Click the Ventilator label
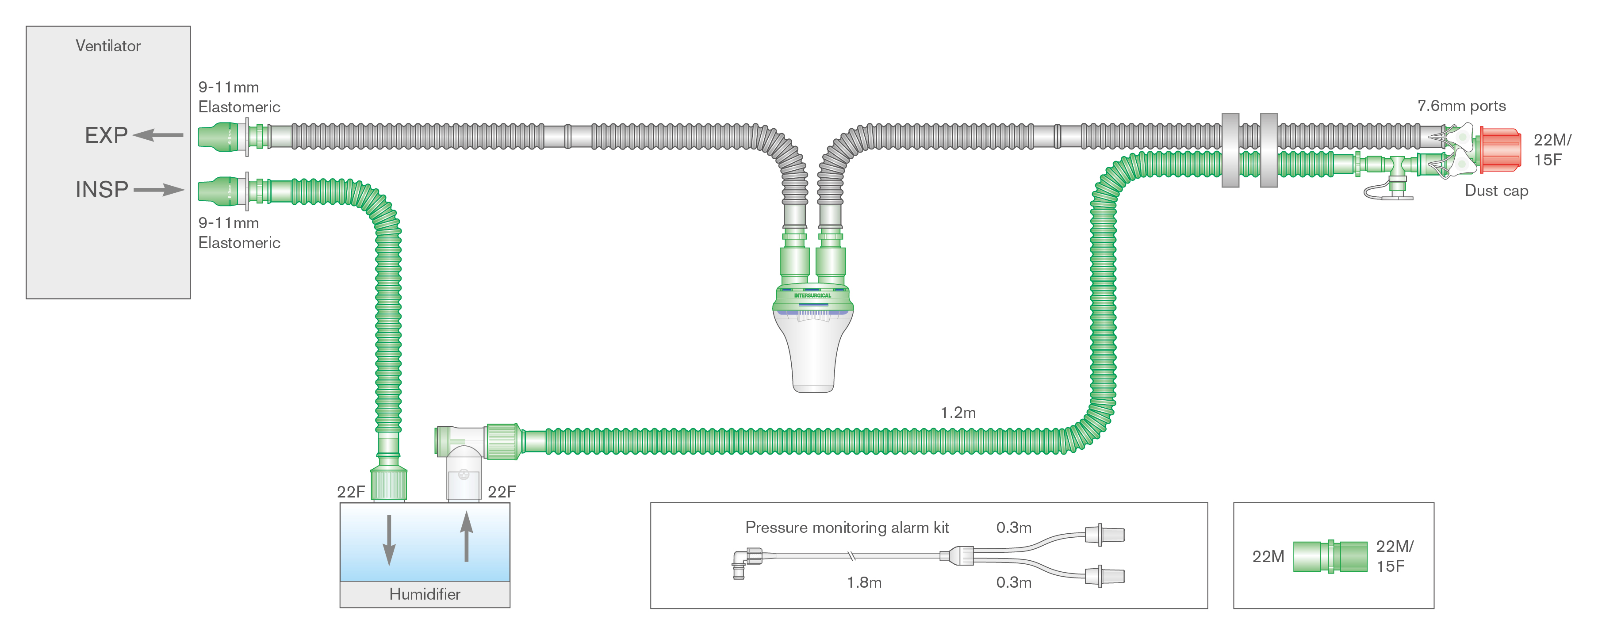(108, 46)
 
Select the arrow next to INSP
(159, 189)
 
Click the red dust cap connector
(1500, 149)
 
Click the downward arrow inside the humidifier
(389, 539)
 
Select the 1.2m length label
(958, 413)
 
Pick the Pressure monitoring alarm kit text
(847, 527)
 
